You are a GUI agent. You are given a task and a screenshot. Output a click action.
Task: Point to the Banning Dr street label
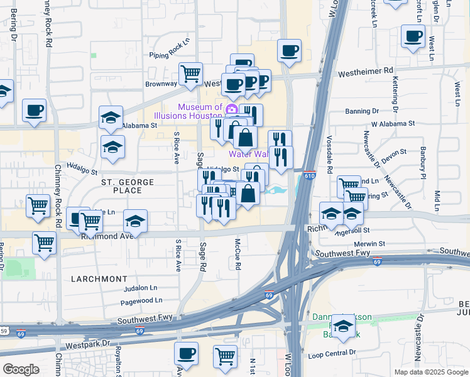click(x=362, y=111)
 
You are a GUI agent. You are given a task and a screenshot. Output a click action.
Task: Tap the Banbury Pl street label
click(x=424, y=163)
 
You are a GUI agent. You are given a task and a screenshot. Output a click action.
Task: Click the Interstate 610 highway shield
click(x=309, y=178)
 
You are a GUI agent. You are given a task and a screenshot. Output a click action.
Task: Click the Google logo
click(x=21, y=369)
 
